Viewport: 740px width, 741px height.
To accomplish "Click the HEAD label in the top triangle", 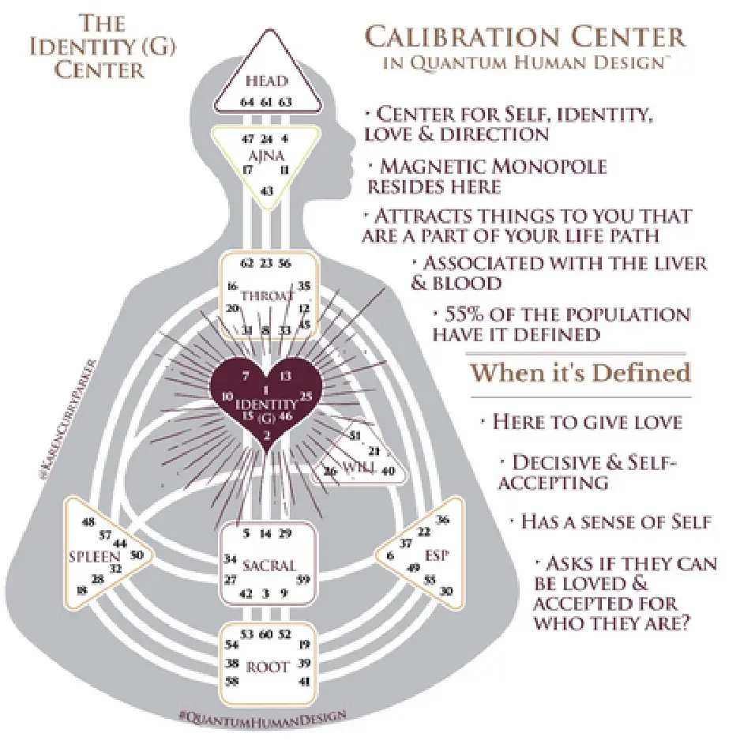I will point(265,81).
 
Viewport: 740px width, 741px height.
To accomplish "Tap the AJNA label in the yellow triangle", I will point(265,155).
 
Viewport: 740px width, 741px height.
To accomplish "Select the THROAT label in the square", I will point(266,296).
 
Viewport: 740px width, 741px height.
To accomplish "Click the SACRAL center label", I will point(269,566).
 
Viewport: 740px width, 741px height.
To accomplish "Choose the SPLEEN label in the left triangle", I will point(88,557).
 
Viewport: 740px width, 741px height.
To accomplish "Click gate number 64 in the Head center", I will point(246,102).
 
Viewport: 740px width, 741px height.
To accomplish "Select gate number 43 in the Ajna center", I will point(266,191).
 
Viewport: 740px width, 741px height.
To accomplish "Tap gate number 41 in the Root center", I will point(305,680).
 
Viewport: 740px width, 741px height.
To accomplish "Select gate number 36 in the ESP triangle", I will point(442,519).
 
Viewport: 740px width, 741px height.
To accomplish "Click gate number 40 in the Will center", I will point(388,471).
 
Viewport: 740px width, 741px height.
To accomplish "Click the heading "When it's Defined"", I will point(580,372).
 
